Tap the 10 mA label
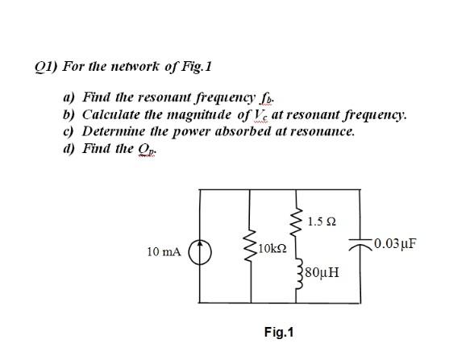(x=164, y=252)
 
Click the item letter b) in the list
(x=70, y=114)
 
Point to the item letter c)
(x=70, y=130)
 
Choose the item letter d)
(x=70, y=147)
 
